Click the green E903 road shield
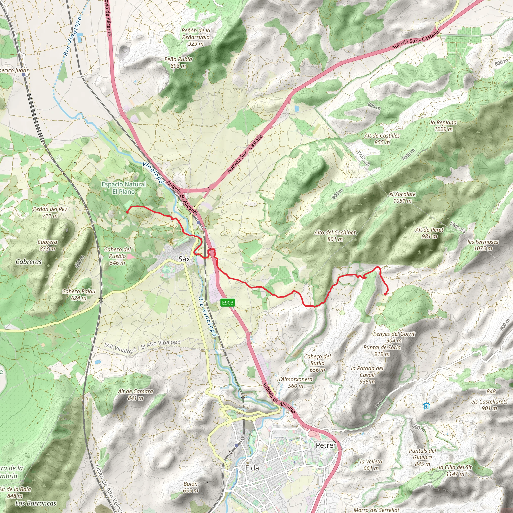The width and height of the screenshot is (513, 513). point(227,302)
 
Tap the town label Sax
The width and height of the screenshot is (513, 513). point(184,259)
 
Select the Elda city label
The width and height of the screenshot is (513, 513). point(252,468)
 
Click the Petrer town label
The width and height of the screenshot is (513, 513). point(326,445)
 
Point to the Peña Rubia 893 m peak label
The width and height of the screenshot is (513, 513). point(178,62)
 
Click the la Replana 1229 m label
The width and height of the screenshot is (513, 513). point(443,125)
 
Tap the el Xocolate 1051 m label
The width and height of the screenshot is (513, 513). point(402,197)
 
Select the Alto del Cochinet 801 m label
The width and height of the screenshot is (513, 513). point(335,236)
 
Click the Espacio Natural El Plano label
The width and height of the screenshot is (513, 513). point(124,188)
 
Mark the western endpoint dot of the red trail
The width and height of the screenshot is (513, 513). point(127,212)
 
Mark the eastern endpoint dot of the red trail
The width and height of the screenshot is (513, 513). point(385,294)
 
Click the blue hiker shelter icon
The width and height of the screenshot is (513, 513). point(426,406)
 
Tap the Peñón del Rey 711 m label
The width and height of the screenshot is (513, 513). point(50,212)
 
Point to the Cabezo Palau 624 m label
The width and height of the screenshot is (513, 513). point(79,295)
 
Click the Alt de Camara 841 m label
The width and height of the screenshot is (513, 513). point(136,395)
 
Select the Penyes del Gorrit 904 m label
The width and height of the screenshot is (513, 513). point(394,337)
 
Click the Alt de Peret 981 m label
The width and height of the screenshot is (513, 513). point(429,233)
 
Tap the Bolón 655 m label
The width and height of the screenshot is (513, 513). point(190,487)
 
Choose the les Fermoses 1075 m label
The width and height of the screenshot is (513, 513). point(483,245)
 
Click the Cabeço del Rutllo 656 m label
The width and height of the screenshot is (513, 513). point(317,363)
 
